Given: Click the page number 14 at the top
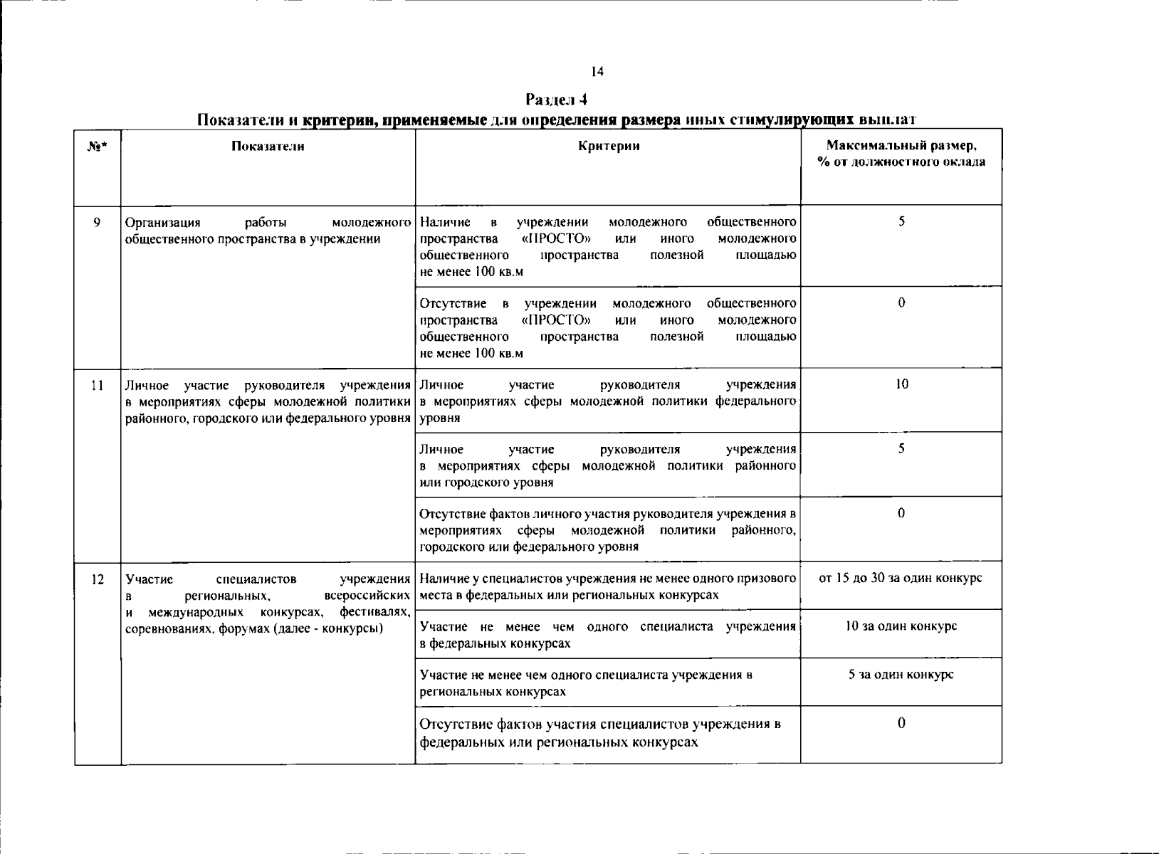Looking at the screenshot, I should pos(597,71).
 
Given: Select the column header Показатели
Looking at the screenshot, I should pos(268,146).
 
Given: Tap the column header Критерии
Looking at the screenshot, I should pos(608,146).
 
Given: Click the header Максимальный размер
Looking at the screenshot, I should pos(901,146).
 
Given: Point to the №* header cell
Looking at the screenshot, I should pos(97,147).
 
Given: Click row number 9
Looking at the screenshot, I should pos(97,221).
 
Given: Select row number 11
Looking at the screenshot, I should pos(97,385).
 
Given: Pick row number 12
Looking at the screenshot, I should pos(98,579).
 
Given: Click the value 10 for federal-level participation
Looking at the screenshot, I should pos(901,384).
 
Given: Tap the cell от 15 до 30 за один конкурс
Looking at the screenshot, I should pos(901,578).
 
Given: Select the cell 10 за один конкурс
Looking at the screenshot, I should pos(901,626).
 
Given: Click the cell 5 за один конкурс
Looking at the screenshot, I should pos(901,674).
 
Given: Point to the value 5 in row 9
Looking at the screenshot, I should pos(901,221).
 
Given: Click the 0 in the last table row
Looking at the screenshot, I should pos(901,723).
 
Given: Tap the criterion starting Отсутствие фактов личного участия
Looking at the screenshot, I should pos(607,530).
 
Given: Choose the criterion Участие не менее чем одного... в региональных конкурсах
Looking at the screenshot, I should pos(585,682).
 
